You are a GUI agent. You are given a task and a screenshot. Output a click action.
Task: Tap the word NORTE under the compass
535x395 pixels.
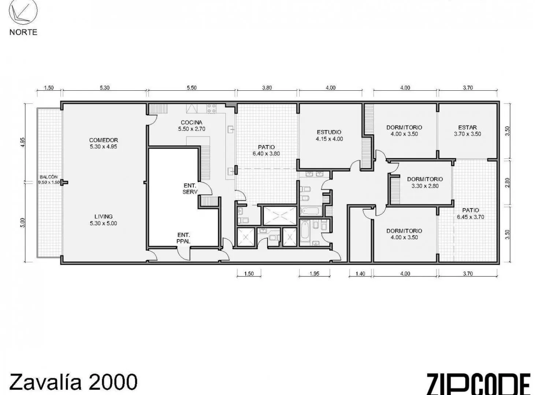pos(23,32)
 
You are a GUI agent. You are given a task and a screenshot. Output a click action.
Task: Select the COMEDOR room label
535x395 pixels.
pos(104,140)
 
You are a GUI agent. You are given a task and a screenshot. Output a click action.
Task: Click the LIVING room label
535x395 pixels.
pos(103,217)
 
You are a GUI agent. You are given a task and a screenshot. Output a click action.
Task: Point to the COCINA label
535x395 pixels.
pos(192,123)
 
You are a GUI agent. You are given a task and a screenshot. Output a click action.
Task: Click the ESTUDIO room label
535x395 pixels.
pos(329,132)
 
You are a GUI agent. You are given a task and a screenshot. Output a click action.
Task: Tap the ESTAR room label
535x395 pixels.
pos(468,127)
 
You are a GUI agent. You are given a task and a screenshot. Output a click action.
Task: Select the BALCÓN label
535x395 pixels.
pos(49,177)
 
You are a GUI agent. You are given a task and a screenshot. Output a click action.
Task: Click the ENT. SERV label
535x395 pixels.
pos(190,189)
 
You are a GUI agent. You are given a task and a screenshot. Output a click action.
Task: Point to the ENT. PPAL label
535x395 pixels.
pos(183,238)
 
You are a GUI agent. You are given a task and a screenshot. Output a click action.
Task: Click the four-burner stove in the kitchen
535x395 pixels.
pos(212,109)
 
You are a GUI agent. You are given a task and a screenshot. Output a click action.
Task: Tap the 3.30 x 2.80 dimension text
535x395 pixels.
pos(425,186)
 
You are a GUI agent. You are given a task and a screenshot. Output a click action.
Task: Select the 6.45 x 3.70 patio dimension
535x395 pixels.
pos(470,217)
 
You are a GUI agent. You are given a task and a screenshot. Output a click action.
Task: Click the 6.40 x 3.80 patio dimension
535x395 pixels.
pos(266,154)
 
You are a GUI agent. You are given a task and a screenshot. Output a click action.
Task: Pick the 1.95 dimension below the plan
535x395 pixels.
pos(315,274)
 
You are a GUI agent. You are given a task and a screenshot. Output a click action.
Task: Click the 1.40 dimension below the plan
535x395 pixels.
pos(360,274)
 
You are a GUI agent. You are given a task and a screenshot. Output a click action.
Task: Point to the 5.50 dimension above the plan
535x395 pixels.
pos(192,88)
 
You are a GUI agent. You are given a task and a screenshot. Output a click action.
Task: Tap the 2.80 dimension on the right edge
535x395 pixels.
pos(508,183)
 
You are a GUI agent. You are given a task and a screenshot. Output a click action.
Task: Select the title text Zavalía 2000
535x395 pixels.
pos(73,382)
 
